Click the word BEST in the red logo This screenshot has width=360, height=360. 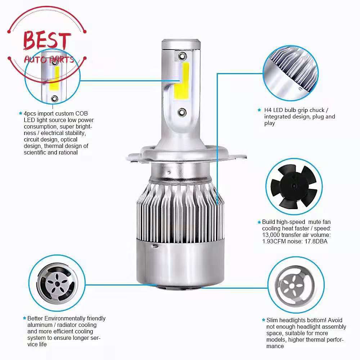[47, 40]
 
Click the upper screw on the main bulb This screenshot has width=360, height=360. [183, 55]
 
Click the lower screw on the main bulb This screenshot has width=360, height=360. [182, 112]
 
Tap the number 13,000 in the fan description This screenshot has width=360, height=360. [271, 235]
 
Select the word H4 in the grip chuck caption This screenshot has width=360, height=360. [268, 110]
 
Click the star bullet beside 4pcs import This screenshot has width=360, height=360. [21, 113]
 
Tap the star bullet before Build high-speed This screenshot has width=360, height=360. [259, 222]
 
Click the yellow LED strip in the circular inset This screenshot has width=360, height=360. [54, 78]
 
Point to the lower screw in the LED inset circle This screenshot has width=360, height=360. [55, 99]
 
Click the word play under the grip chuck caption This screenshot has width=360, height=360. [270, 123]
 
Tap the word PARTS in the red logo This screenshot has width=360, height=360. [62, 60]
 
